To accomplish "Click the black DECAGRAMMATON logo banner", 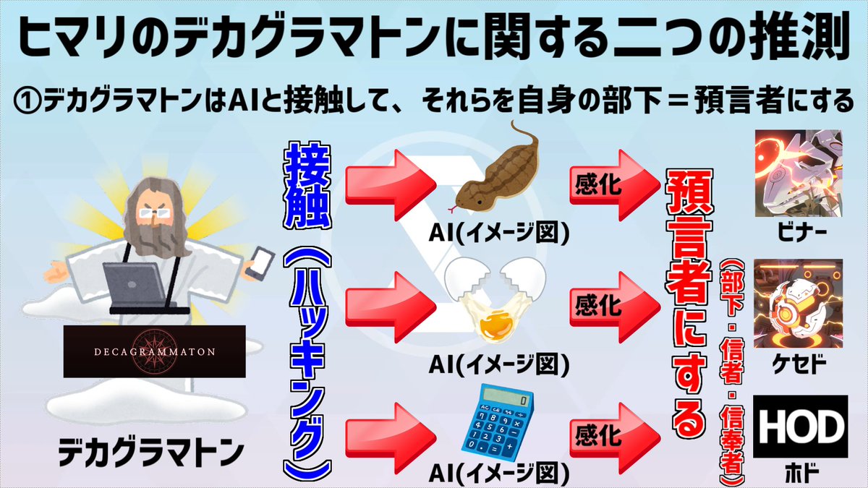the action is [154, 351].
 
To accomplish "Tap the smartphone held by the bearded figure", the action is [263, 260].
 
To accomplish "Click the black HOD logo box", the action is [799, 426].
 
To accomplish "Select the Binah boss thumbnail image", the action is [799, 173].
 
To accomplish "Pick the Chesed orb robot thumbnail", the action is [799, 303].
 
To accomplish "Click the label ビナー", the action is [799, 232].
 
